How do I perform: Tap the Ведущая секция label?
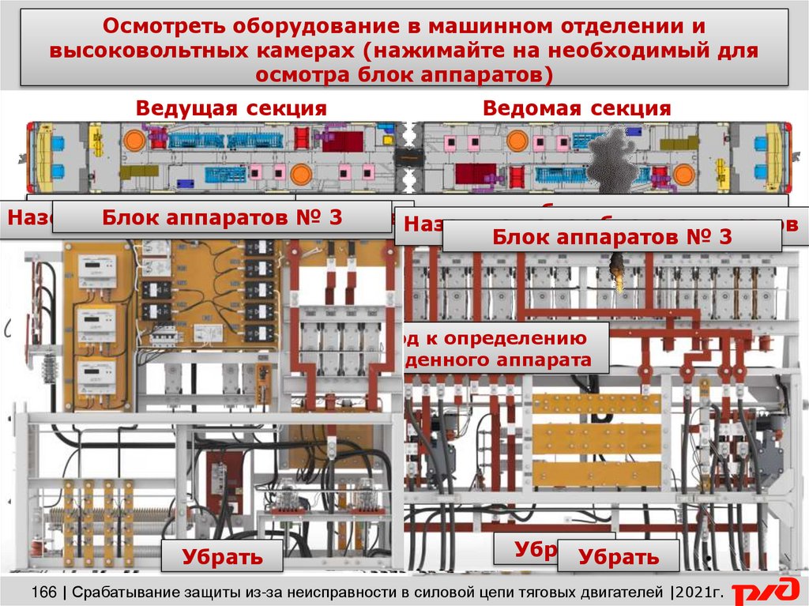(x=231, y=108)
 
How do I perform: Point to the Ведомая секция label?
(x=577, y=108)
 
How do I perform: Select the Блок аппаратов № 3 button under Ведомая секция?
(x=611, y=235)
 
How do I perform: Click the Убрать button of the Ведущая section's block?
(x=222, y=556)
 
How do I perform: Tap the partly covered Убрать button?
(x=525, y=548)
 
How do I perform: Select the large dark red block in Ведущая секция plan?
(x=342, y=141)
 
